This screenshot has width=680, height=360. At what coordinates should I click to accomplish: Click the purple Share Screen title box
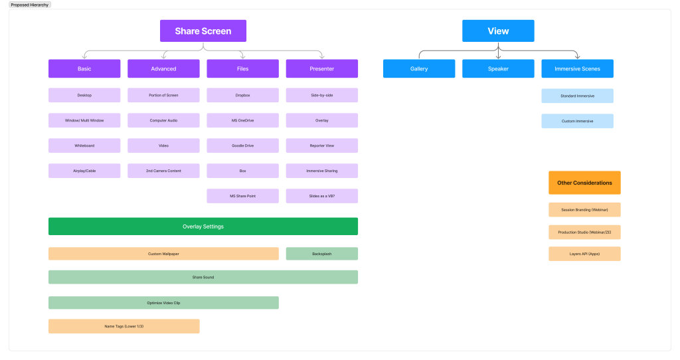(x=203, y=31)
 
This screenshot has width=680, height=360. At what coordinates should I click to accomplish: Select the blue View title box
(x=498, y=31)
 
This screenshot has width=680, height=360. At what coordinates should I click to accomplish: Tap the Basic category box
(x=84, y=68)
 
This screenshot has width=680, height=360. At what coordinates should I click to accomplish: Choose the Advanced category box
(x=163, y=68)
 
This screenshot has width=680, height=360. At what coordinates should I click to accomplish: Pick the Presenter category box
(x=322, y=68)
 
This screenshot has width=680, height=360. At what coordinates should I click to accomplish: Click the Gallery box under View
(x=419, y=68)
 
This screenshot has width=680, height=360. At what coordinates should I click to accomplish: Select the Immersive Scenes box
(x=577, y=68)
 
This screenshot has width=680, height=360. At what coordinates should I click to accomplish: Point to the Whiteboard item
(x=84, y=145)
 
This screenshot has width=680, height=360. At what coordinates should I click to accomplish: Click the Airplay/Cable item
(x=84, y=171)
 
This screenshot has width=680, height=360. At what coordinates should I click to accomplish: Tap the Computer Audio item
(x=163, y=120)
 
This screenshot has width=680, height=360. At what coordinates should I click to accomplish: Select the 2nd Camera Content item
(x=163, y=171)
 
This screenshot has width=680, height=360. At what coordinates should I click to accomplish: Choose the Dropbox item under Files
(x=242, y=95)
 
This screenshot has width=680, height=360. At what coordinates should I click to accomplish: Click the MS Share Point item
(x=242, y=196)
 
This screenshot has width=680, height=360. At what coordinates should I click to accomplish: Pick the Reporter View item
(x=322, y=145)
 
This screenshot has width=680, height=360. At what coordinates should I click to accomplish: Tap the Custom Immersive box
(x=577, y=121)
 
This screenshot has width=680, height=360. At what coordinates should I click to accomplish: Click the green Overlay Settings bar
(x=203, y=226)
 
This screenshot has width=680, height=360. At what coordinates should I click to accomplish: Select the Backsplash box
(x=322, y=254)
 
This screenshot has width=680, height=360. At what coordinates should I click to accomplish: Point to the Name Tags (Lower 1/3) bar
(x=124, y=326)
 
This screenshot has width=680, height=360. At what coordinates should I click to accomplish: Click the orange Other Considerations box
(x=584, y=183)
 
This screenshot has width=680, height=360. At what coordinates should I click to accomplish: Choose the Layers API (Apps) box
(x=584, y=254)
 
